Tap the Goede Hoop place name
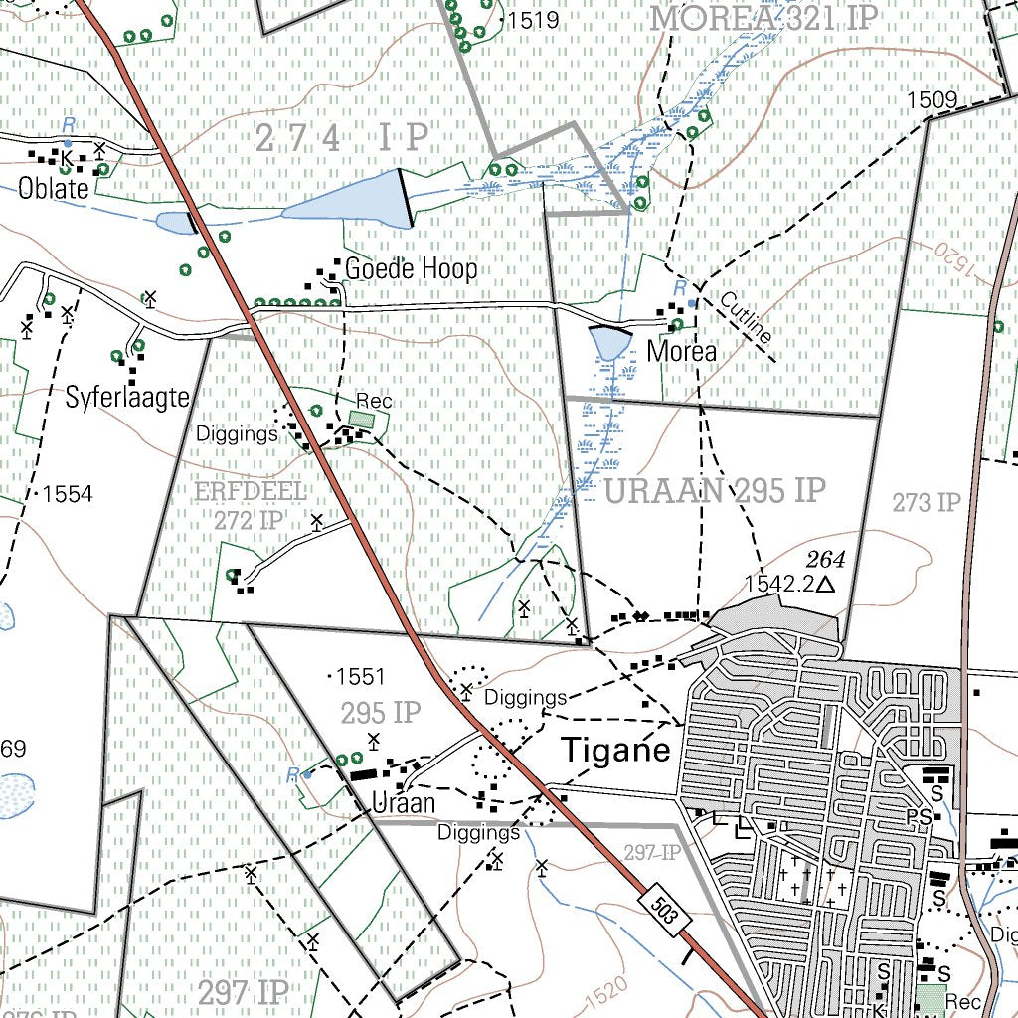(x=411, y=268)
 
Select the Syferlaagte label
(x=127, y=399)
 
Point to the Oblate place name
(x=54, y=189)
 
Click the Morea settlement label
(x=681, y=351)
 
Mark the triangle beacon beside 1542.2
(x=824, y=586)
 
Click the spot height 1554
(x=68, y=494)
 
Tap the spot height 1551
(x=359, y=677)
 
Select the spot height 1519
(x=533, y=20)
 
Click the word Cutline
(x=746, y=318)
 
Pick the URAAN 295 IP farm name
(x=715, y=490)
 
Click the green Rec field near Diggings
(x=363, y=421)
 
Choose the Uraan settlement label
(x=403, y=802)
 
